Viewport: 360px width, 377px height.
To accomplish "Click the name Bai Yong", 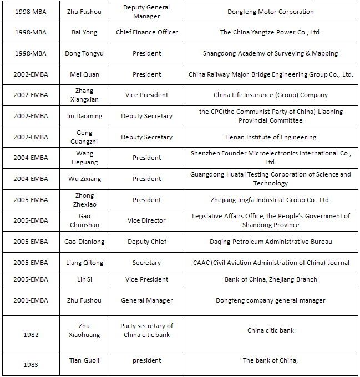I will pyautogui.click(x=85, y=33).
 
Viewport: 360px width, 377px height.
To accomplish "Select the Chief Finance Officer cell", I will pyautogui.click(x=146, y=33).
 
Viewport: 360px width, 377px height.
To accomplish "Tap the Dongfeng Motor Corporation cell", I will pyautogui.click(x=270, y=12).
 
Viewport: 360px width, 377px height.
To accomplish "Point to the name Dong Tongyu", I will pyautogui.click(x=85, y=54).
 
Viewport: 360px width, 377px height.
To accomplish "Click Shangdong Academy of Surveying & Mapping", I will pyautogui.click(x=270, y=54).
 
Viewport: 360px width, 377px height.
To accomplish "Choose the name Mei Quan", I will pyautogui.click(x=85, y=74).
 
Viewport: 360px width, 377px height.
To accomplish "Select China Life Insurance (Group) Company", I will pyautogui.click(x=270, y=95).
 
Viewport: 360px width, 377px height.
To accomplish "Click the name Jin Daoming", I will pyautogui.click(x=85, y=116).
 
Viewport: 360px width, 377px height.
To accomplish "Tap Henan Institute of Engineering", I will pyautogui.click(x=270, y=137).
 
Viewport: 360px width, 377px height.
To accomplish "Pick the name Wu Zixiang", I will pyautogui.click(x=85, y=179).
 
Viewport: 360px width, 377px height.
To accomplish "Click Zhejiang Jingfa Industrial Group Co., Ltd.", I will pyautogui.click(x=270, y=200).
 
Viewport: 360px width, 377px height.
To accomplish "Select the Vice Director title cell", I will pyautogui.click(x=146, y=220).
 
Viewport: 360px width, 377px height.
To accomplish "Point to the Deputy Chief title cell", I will pyautogui.click(x=146, y=242).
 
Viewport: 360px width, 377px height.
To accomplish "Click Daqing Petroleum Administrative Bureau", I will pyautogui.click(x=270, y=242).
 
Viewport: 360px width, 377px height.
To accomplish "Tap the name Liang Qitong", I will pyautogui.click(x=85, y=263).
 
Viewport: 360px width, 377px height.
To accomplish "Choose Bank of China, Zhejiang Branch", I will pyautogui.click(x=270, y=279).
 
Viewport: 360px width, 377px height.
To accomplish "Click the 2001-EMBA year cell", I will pyautogui.click(x=32, y=300).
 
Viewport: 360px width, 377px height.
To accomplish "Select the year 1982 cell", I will pyautogui.click(x=32, y=335).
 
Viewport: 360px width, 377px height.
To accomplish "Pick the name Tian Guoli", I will pyautogui.click(x=85, y=360).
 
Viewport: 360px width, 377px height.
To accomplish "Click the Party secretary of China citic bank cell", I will pyautogui.click(x=146, y=330).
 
